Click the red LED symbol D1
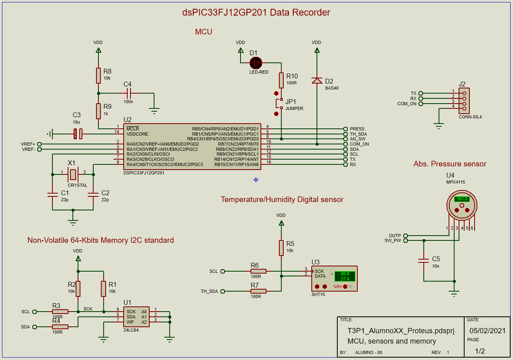tap(256, 63)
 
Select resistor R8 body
tap(98, 76)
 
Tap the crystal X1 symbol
tap(73, 174)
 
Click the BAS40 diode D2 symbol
tap(317, 80)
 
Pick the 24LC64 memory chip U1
tap(136, 317)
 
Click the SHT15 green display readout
tap(345, 276)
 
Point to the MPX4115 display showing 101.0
tap(462, 199)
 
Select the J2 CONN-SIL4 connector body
tap(464, 101)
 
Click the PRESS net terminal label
tap(357, 129)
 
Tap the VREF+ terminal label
tap(28, 144)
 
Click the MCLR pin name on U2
tap(132, 129)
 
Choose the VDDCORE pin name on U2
tap(137, 134)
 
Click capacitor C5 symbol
tap(423, 260)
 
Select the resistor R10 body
tap(281, 80)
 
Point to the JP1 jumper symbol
tap(279, 104)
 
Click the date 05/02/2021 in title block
tap(487, 331)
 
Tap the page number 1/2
tap(480, 351)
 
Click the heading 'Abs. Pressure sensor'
tap(450, 164)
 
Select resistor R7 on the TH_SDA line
tap(259, 291)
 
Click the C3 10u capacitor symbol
tap(78, 134)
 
